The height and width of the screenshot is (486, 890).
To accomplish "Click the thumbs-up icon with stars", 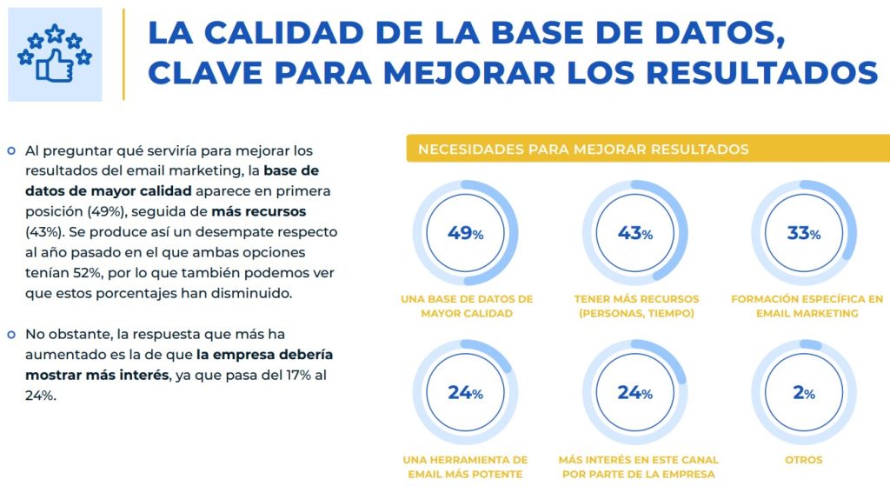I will (54, 54).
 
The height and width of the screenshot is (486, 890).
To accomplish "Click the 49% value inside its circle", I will (465, 233).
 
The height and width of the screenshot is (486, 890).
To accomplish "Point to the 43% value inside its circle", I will (634, 233).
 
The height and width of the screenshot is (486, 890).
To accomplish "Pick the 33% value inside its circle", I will (803, 233).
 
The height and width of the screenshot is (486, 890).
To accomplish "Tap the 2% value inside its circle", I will (803, 393).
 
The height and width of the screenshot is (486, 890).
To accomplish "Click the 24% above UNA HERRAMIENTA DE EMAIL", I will (465, 393).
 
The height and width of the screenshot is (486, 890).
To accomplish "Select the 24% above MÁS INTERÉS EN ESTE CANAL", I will (634, 393).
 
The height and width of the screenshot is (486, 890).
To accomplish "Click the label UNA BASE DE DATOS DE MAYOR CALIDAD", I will (466, 306).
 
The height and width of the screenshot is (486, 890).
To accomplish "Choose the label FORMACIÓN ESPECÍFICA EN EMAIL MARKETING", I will (807, 306).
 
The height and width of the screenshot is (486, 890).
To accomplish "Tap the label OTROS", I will (803, 459).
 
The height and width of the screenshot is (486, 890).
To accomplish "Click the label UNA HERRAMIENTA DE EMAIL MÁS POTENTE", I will (466, 466).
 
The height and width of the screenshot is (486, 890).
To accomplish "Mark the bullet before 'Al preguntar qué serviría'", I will (11, 151).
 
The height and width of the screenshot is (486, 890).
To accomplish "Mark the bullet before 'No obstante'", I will (11, 334).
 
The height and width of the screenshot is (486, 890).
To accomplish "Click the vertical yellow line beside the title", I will (123, 54).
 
